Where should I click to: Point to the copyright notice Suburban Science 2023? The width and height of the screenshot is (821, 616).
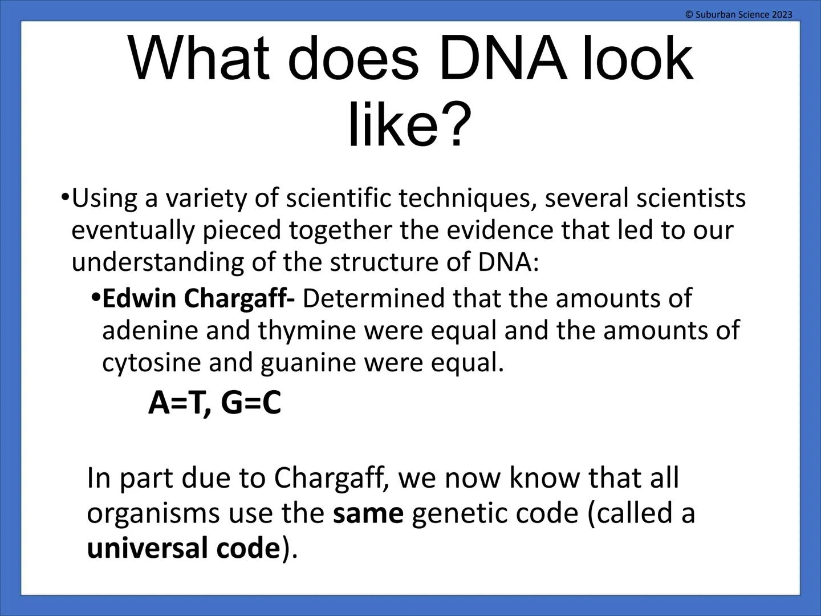739,14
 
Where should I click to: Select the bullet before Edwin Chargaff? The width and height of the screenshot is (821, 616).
96,298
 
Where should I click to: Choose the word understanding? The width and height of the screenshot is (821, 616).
156,262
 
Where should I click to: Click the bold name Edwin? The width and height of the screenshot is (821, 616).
139,298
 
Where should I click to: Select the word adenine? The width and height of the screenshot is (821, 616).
150,330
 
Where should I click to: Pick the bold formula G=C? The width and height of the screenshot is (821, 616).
251,403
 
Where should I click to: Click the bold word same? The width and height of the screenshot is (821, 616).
368,513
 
